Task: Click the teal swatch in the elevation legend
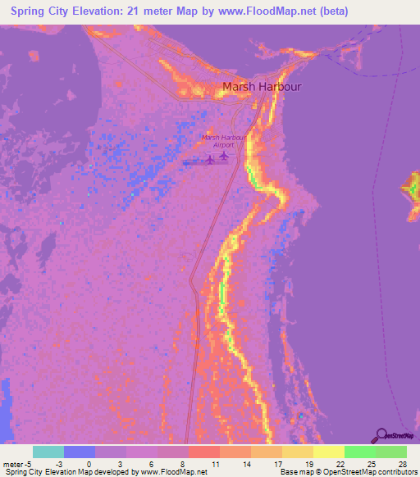48,452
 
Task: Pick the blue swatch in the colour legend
80,452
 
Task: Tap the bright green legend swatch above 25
360,452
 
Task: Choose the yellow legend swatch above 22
329,452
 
